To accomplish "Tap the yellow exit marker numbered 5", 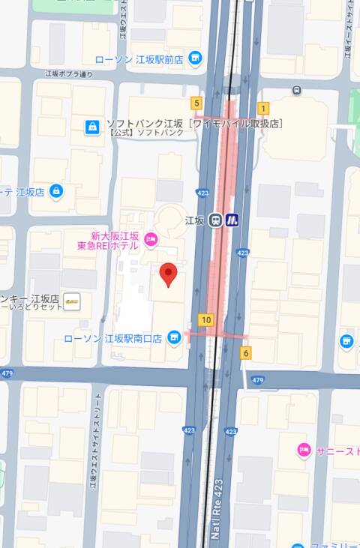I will click(x=197, y=103).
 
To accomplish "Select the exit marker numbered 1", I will click(x=263, y=108).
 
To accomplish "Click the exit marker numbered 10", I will click(x=205, y=320).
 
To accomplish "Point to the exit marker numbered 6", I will click(x=246, y=352).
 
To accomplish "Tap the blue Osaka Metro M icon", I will click(x=232, y=220).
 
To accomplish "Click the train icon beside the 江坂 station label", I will click(x=216, y=220).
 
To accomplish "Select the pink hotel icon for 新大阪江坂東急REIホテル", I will click(x=151, y=240).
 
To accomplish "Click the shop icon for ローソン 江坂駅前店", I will click(x=196, y=58).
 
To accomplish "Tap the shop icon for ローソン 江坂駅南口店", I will click(x=174, y=338).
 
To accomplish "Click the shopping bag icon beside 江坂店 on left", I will click(x=56, y=192).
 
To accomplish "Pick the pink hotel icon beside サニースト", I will click(x=304, y=451).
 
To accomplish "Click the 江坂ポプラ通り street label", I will click(x=68, y=74).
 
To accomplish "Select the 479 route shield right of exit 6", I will click(x=258, y=380).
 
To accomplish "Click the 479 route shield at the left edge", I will click(x=7, y=373).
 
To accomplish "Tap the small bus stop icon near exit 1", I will click(x=298, y=91).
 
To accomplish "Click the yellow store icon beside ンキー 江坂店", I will click(x=72, y=301).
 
